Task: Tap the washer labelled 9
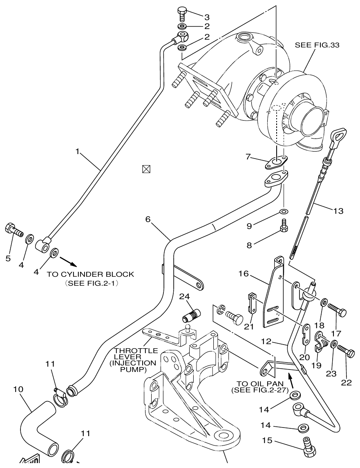coord(283,211)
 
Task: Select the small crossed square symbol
coord(145,168)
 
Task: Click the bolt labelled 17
coord(338,313)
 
